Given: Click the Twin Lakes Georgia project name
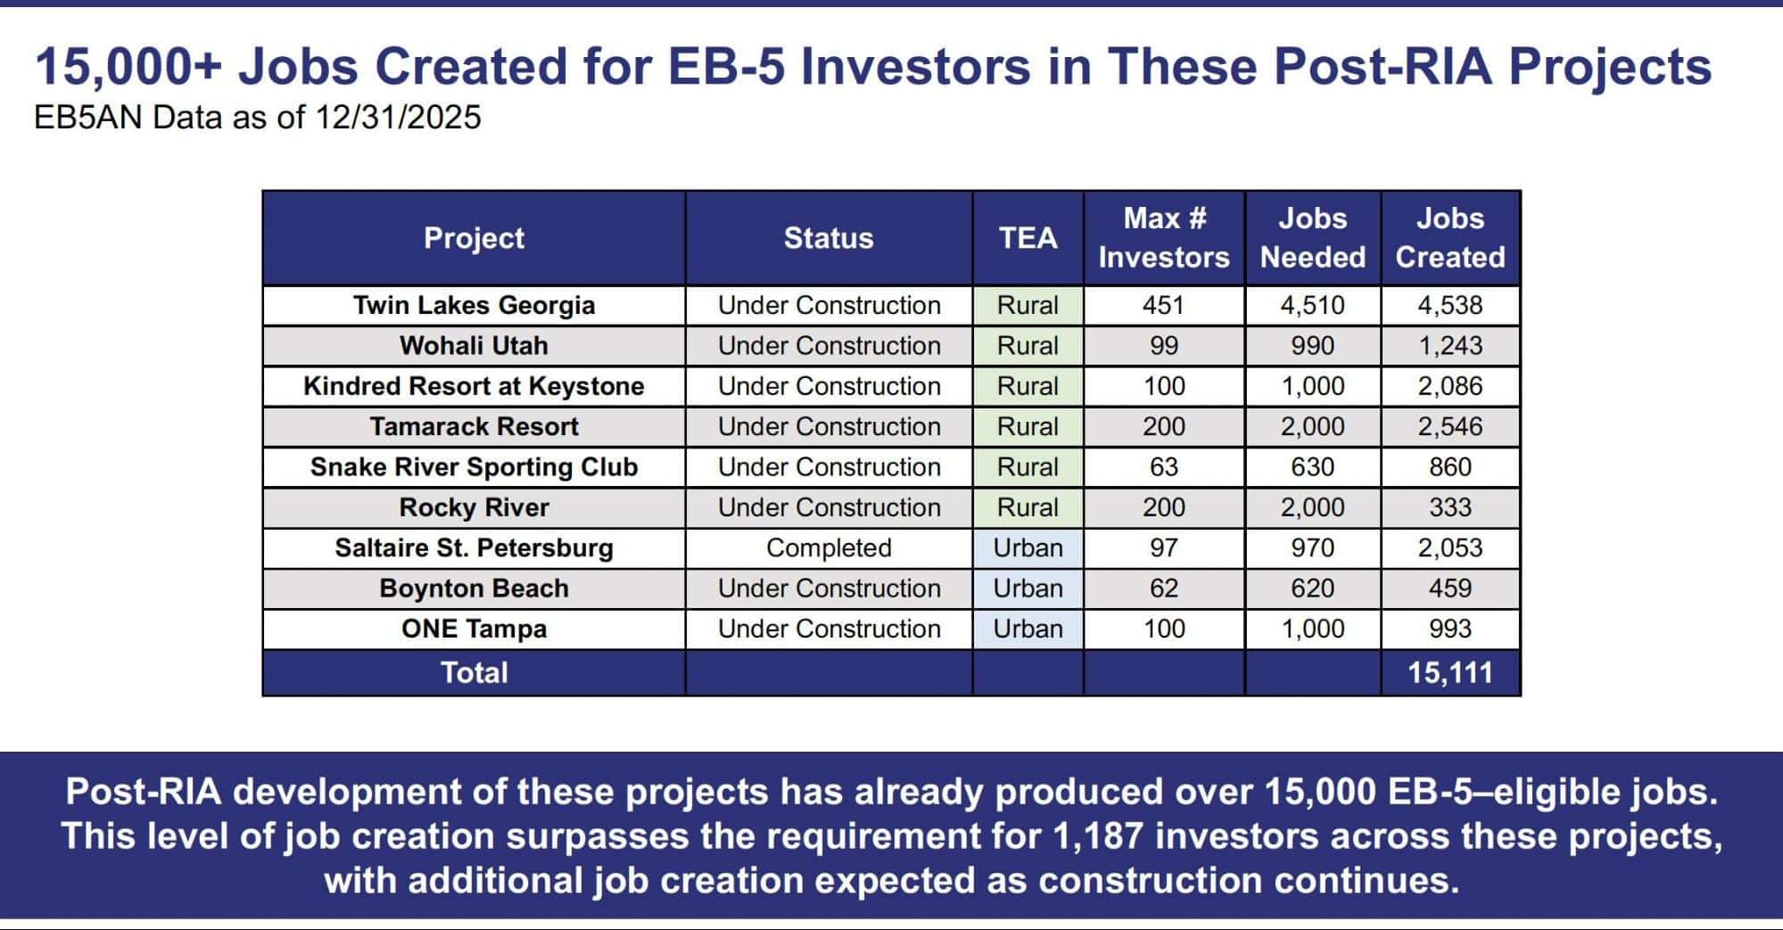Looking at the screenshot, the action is [474, 305].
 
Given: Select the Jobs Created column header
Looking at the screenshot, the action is [1450, 237].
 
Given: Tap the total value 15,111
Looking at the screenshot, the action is [1450, 672].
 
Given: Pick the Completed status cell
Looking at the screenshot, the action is [829, 547].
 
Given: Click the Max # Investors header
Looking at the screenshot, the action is [1164, 237].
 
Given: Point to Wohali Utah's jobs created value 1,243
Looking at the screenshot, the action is [1450, 346].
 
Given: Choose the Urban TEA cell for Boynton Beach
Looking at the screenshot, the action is [1028, 588].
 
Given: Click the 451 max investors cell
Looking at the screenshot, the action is [1164, 305].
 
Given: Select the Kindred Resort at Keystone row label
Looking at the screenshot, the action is [474, 386].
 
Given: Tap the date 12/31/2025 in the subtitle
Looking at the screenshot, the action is [398, 117].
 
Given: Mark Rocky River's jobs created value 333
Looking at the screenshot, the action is [1450, 507].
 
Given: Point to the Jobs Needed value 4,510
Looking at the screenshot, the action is [1313, 305].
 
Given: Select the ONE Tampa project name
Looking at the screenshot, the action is [474, 629].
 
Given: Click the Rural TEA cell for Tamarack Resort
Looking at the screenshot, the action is [1028, 426].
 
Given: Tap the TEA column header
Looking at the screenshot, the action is [1028, 238].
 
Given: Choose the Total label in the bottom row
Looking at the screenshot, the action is [474, 672].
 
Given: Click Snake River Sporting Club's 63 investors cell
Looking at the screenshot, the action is [1164, 467].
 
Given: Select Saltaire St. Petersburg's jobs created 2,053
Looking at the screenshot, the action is [1450, 547].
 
